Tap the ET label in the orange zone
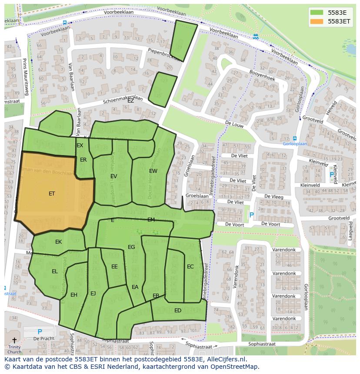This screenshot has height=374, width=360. tap(52, 194)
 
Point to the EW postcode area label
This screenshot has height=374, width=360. tap(153, 171)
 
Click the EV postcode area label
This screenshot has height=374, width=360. tap(113, 176)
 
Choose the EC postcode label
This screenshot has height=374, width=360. tap(190, 267)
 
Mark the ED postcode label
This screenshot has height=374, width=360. tap(178, 311)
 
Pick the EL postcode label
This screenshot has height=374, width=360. tap(55, 271)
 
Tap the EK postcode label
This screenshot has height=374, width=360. tap(58, 242)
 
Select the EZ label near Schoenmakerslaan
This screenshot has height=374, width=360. tap(130, 100)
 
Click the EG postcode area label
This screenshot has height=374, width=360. tap(131, 247)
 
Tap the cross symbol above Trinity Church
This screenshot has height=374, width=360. tap(14, 340)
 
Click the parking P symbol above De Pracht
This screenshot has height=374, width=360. tap(40, 332)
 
